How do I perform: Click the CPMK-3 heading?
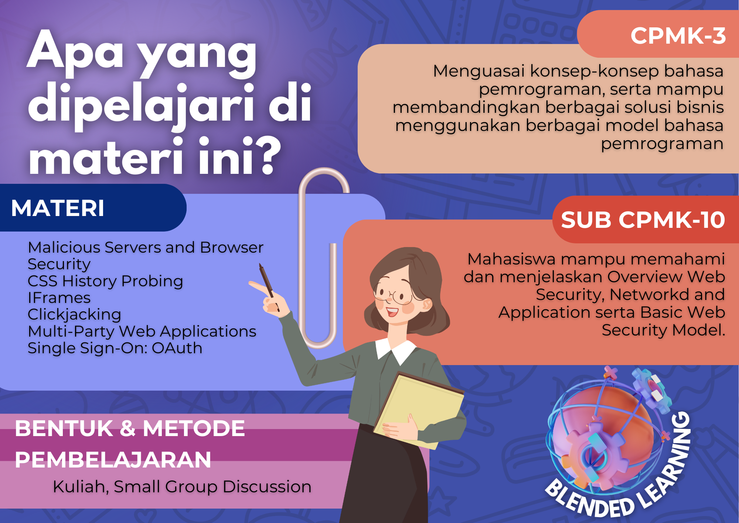click(678, 36)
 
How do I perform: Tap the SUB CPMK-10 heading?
click(643, 220)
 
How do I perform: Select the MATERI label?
click(58, 208)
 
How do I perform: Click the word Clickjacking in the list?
click(75, 314)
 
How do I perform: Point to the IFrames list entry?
click(59, 298)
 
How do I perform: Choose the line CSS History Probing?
click(105, 281)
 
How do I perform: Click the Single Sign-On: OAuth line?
click(115, 348)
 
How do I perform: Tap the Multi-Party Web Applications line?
click(142, 331)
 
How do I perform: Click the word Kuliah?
click(81, 487)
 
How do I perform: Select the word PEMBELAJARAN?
click(113, 460)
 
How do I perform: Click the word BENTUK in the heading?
click(64, 428)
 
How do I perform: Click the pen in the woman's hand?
click(268, 285)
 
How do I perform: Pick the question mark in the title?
click(267, 156)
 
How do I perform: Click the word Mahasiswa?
click(511, 259)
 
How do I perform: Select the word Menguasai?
click(479, 71)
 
